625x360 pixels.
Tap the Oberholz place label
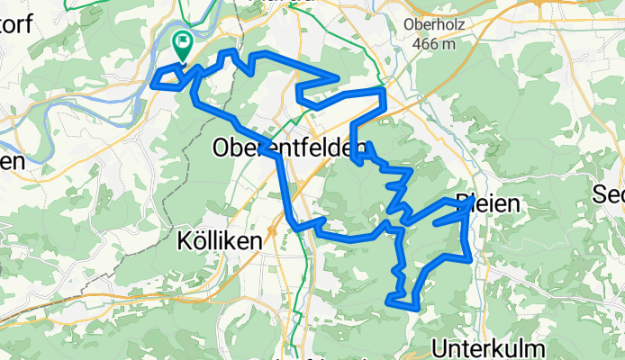(435, 25)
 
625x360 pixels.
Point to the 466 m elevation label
(435, 43)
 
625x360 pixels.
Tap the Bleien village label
(487, 204)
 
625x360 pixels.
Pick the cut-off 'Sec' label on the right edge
(609, 194)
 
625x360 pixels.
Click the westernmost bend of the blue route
(155, 80)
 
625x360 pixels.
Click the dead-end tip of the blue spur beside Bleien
(436, 221)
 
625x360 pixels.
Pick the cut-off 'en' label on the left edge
(11, 162)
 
